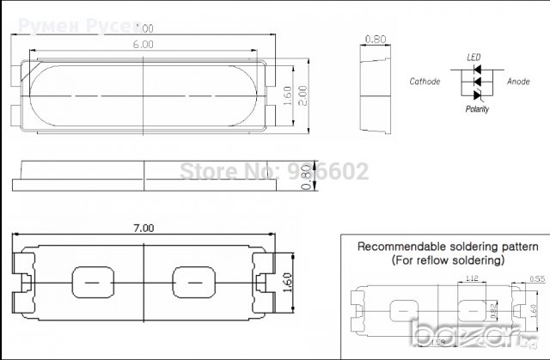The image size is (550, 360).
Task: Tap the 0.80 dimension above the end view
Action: pyautogui.click(x=375, y=39)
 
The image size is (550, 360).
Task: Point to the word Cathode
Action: pyautogui.click(x=425, y=82)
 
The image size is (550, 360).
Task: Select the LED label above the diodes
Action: pyautogui.click(x=473, y=57)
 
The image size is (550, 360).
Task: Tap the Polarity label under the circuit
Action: pyautogui.click(x=477, y=109)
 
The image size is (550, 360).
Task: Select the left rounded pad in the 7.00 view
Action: pyautogui.click(x=92, y=281)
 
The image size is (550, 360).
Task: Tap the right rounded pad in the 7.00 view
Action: pyautogui.click(x=192, y=281)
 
